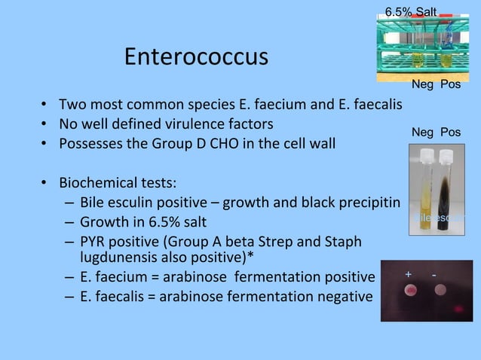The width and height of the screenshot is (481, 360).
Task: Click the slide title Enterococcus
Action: pyautogui.click(x=196, y=57)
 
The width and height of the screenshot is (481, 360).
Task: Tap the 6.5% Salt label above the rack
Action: pyautogui.click(x=409, y=11)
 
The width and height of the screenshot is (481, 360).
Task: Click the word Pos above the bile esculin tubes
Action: pyautogui.click(x=450, y=133)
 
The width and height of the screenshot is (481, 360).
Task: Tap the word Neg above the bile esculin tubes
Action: pyautogui.click(x=422, y=133)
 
